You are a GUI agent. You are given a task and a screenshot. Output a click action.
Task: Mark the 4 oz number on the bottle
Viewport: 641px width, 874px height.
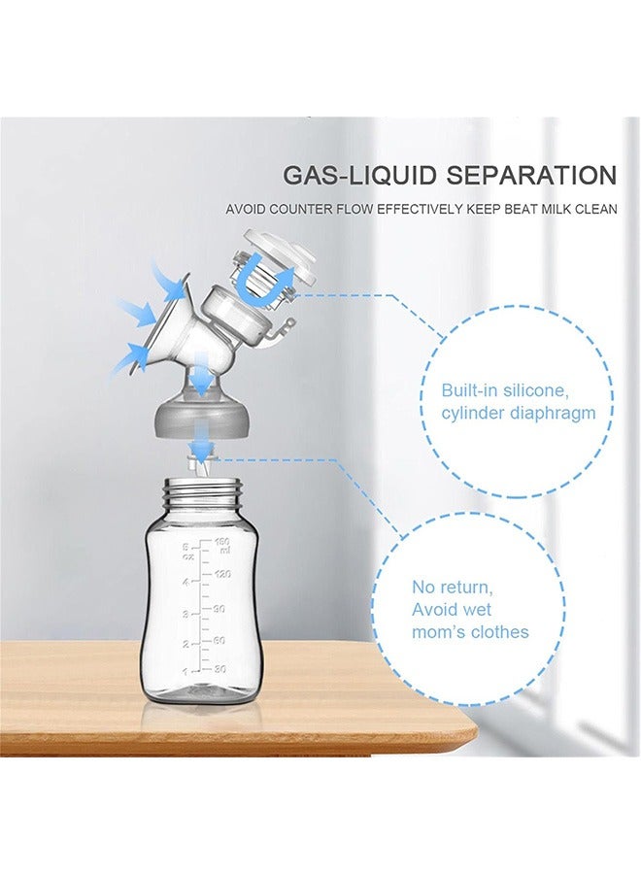(185, 582)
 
